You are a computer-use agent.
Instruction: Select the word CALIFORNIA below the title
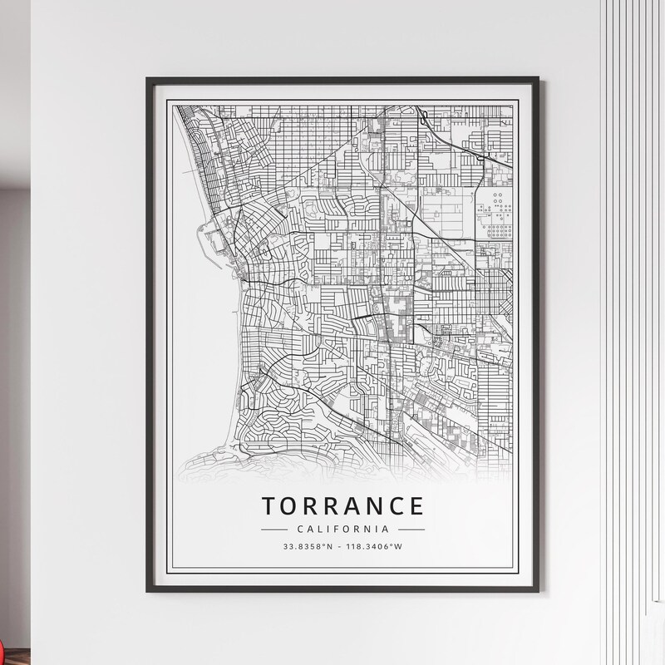[342, 529]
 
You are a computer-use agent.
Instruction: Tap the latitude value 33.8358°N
[308, 546]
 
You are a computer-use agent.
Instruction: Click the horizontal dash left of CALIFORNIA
[273, 529]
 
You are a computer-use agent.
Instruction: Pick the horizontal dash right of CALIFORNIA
[411, 529]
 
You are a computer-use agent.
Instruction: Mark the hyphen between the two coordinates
[341, 546]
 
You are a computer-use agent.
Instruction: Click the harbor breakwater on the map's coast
[201, 241]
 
